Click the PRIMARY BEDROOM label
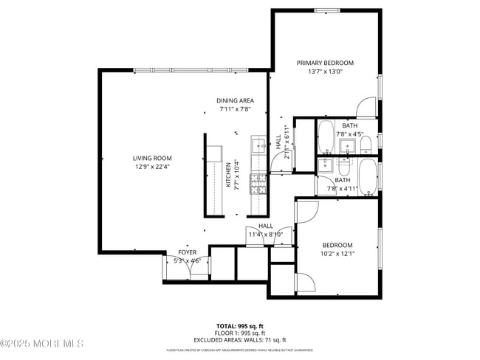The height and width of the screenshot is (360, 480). tap(325, 63)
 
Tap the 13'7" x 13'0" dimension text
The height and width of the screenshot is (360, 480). tap(325, 72)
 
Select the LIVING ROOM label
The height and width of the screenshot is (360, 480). tap(152, 158)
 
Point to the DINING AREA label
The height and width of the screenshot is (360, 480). tap(235, 101)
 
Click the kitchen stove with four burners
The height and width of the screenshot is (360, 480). tap(258, 181)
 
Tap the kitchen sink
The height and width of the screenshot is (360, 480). tap(258, 144)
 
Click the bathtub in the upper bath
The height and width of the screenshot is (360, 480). tap(325, 136)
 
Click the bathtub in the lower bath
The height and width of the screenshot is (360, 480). tap(367, 178)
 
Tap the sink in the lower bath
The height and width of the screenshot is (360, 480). tap(346, 165)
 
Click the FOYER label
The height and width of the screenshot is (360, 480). tap(187, 252)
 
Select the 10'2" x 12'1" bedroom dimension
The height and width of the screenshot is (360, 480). tap(337, 254)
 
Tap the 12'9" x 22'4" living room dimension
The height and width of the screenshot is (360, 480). tap(152, 167)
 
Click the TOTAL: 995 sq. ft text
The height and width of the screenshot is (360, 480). tap(239, 325)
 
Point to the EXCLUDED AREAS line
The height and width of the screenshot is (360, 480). tap(239, 340)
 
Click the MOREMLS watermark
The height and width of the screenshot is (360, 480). tap(42, 344)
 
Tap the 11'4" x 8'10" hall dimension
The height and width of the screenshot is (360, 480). tap(265, 235)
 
